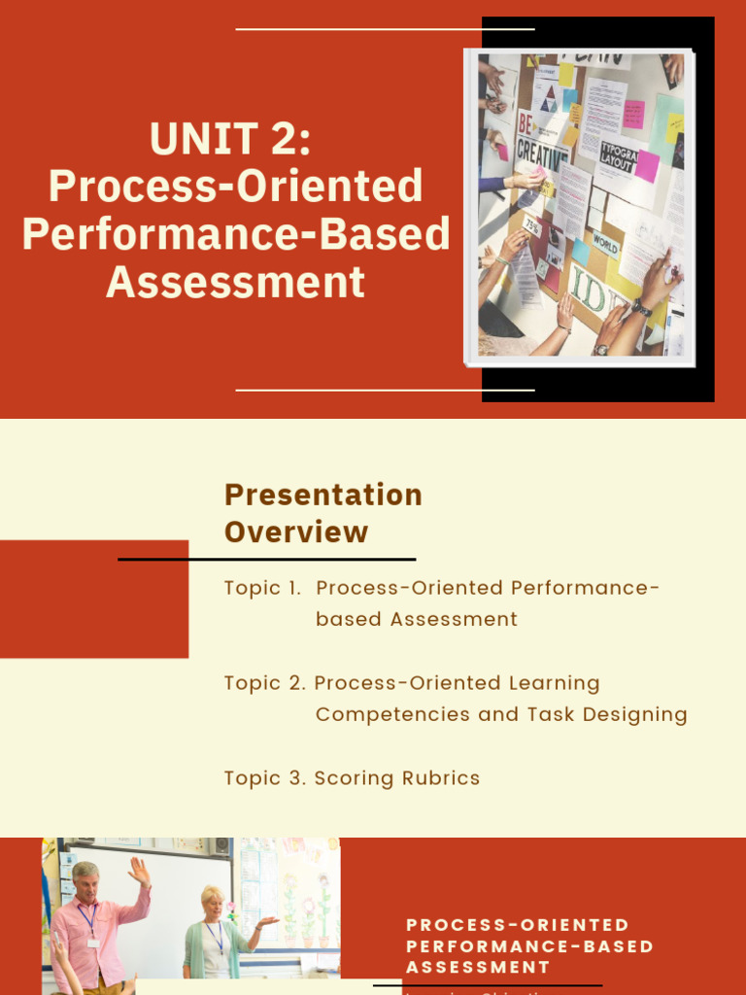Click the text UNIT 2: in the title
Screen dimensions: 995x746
pyautogui.click(x=230, y=138)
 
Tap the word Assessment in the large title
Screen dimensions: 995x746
pyautogui.click(x=236, y=282)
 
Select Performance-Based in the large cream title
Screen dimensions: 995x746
pyautogui.click(x=236, y=234)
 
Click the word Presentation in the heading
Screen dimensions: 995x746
pyautogui.click(x=323, y=495)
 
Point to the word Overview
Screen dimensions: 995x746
pyautogui.click(x=296, y=532)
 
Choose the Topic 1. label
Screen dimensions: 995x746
pyautogui.click(x=262, y=588)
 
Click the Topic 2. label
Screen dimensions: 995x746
pyautogui.click(x=264, y=683)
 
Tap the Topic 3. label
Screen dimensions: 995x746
pyautogui.click(x=264, y=778)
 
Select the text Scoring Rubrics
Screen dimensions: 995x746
pyautogui.click(x=397, y=778)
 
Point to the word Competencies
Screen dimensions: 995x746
pyautogui.click(x=392, y=714)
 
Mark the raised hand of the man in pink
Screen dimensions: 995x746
pyautogui.click(x=140, y=871)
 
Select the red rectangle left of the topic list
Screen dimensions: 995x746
pyautogui.click(x=94, y=599)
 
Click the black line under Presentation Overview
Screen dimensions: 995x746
pyautogui.click(x=267, y=560)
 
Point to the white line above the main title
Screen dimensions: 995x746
pyautogui.click(x=385, y=29)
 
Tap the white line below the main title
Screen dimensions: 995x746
pyautogui.click(x=385, y=391)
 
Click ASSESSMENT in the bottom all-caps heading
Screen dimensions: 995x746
pyautogui.click(x=478, y=967)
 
